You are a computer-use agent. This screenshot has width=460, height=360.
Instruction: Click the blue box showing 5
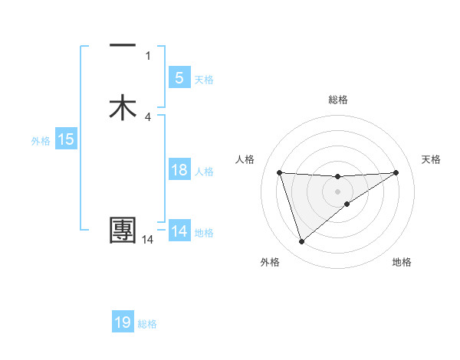coord(179,78)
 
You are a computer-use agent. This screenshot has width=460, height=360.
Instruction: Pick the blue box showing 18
coord(179,170)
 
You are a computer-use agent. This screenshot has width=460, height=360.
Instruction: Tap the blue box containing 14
coord(179,231)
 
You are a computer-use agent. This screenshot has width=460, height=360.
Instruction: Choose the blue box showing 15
coord(65,139)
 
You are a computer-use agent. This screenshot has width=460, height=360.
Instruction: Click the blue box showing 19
coord(123,322)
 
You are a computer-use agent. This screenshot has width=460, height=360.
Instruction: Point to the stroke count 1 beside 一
coord(148,55)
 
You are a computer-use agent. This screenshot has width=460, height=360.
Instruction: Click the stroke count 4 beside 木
coord(148,116)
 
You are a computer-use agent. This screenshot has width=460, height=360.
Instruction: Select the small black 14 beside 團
coord(148,240)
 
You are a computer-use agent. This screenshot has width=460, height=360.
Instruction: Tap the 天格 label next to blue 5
coord(204,80)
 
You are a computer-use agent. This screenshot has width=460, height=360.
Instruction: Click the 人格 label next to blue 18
coord(204,172)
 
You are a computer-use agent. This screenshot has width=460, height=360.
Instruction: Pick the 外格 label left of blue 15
coord(41,141)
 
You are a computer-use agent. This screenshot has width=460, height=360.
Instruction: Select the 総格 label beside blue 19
coord(147,324)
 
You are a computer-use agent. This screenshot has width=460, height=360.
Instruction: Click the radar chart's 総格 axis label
coord(338,100)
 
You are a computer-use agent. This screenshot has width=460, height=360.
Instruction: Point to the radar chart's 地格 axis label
coord(402,262)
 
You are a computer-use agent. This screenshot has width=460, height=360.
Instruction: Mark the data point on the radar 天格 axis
coord(396,172)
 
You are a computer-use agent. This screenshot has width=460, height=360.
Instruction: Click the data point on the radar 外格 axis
coord(301,242)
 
